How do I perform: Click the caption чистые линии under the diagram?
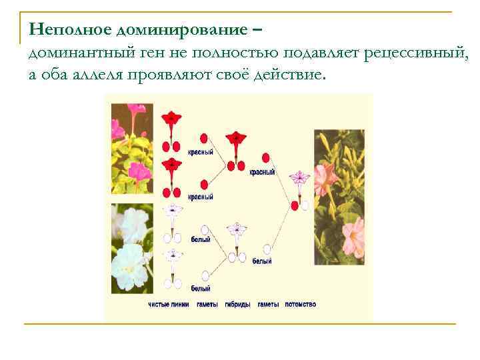[x=169, y=305]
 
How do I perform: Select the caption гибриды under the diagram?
[x=237, y=305]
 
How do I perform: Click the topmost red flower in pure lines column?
[x=173, y=119]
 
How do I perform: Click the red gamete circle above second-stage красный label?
[x=267, y=158]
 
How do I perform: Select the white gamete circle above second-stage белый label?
[x=267, y=249]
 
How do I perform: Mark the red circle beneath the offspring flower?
[x=294, y=206]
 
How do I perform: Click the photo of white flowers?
[x=132, y=248]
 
